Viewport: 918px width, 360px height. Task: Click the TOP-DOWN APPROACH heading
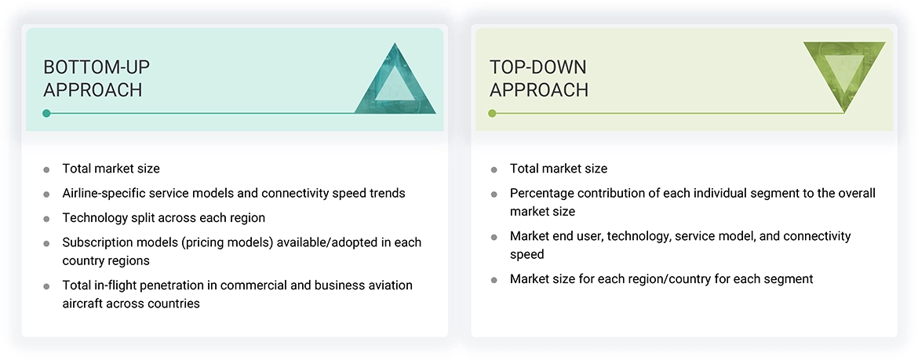tap(538, 78)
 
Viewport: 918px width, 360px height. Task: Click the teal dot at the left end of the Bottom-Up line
tap(46, 113)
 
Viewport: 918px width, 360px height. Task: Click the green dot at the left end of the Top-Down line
tap(492, 113)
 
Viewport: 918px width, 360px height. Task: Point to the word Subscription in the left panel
tap(98, 242)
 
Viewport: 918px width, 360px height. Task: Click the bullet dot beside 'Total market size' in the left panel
tap(46, 169)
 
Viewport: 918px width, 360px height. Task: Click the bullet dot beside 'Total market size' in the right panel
tap(494, 169)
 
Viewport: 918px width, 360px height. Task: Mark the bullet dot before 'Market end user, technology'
tap(494, 237)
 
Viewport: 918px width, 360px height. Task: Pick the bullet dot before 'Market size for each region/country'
tap(494, 280)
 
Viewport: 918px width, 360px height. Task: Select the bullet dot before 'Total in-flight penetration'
tap(46, 286)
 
